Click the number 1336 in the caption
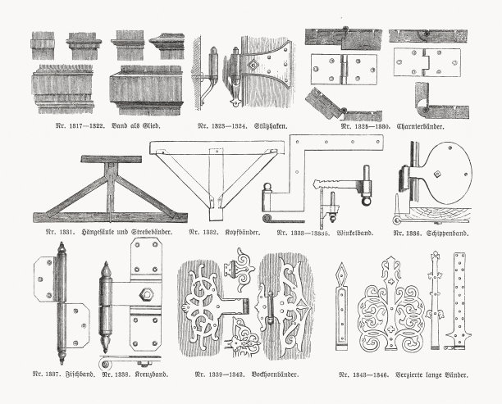pos(413,233)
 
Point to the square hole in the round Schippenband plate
pos(440,174)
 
